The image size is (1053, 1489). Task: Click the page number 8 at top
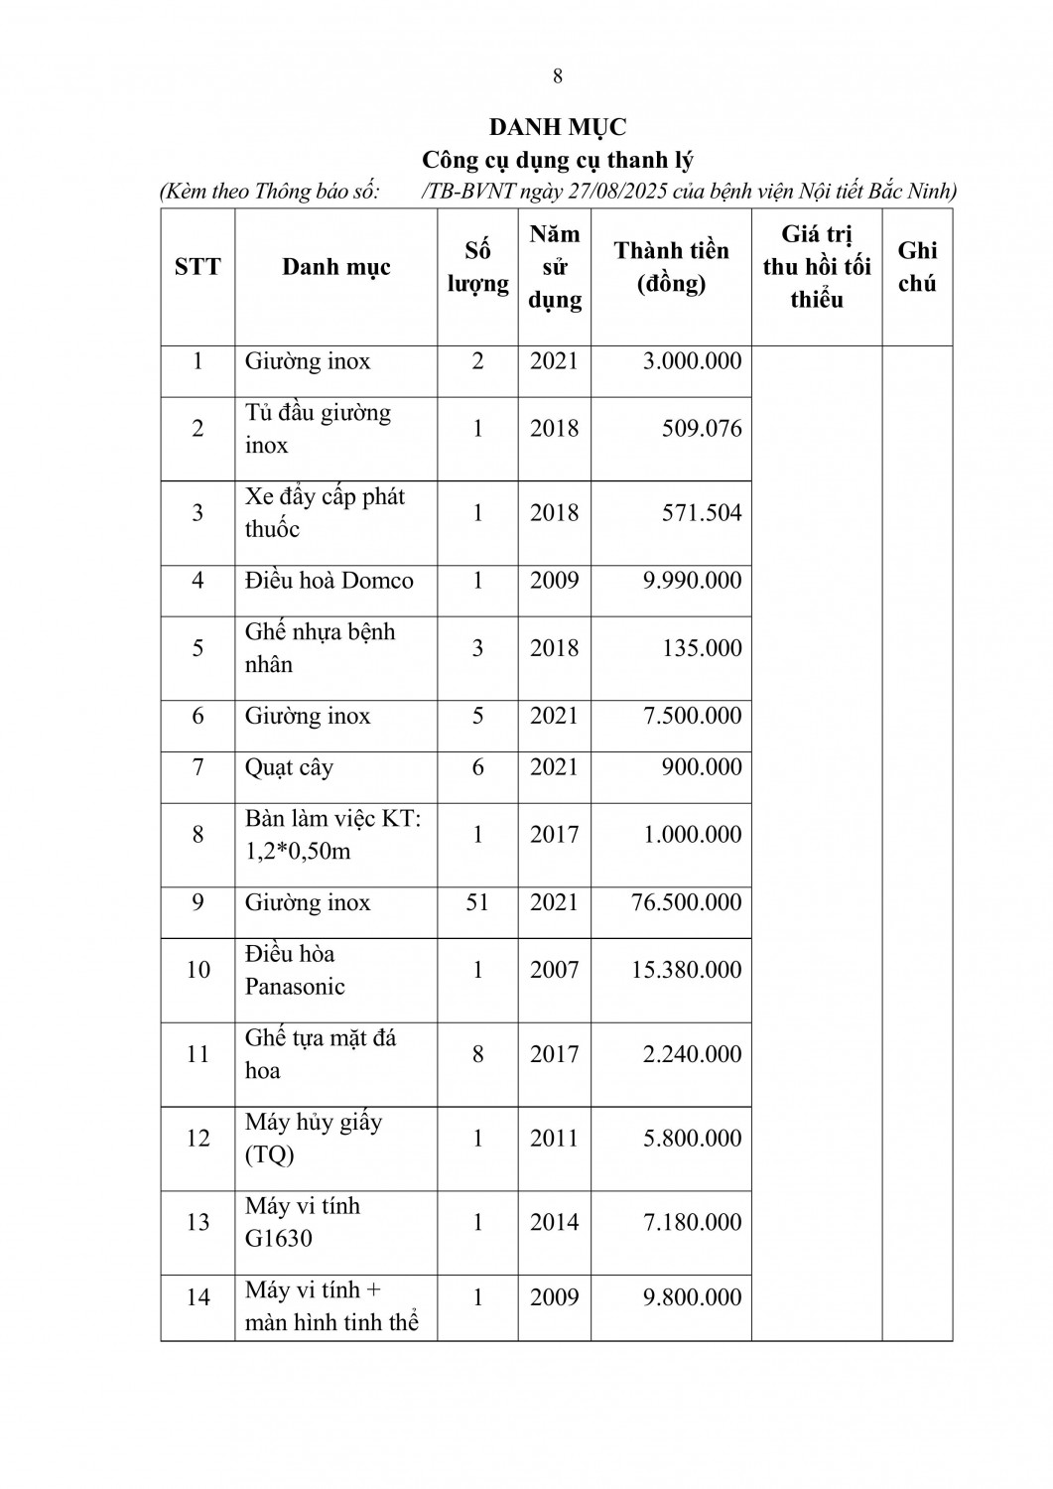click(557, 76)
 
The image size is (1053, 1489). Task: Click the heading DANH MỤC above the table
click(557, 127)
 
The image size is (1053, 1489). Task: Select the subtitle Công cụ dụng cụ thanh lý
click(557, 160)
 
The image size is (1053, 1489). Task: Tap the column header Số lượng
click(477, 267)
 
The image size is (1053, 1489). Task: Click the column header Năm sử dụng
click(554, 267)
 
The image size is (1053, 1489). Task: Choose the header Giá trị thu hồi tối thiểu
click(816, 267)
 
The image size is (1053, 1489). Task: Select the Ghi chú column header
click(916, 267)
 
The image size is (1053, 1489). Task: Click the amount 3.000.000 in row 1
click(692, 360)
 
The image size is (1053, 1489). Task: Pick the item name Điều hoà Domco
click(329, 580)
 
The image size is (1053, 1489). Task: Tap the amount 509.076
click(702, 429)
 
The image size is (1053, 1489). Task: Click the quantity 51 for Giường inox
click(477, 902)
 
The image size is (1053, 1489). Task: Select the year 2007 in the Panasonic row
click(554, 970)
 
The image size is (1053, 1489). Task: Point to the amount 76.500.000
click(686, 902)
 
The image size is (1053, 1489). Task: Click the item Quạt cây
click(289, 767)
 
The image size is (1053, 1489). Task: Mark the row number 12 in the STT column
click(197, 1138)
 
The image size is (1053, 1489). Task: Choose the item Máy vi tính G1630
click(303, 1222)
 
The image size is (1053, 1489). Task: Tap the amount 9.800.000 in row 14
click(692, 1297)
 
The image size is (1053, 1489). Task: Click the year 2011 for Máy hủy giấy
click(554, 1138)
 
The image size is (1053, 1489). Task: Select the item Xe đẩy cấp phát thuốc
click(325, 512)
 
